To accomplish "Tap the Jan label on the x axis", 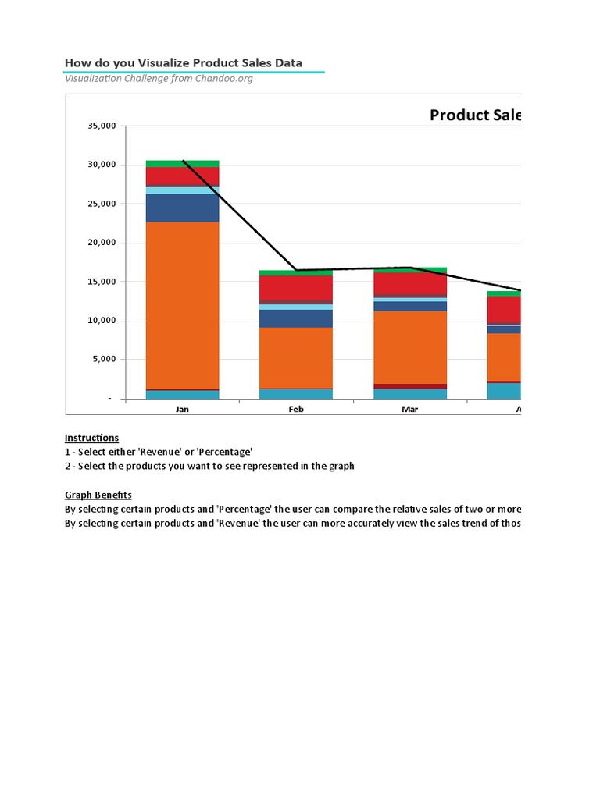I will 182,409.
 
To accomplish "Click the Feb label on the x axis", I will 296,409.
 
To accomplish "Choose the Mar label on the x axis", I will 409,409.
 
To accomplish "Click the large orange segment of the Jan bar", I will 182,304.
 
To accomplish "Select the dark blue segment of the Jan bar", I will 182,208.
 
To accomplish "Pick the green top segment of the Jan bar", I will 182,163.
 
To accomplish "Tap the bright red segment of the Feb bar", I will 296,287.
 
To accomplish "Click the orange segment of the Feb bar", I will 296,357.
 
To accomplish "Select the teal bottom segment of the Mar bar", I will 409,394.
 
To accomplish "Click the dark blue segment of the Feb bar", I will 296,318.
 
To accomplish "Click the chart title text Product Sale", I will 475,115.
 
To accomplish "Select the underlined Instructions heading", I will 91,438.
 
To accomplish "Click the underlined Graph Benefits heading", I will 98,495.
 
